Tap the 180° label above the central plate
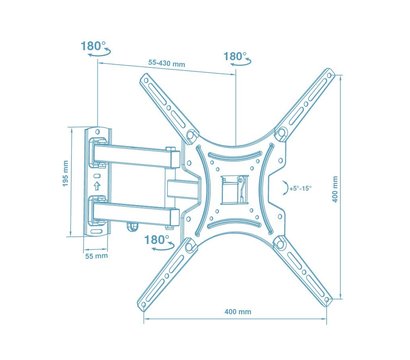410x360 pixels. tap(235, 57)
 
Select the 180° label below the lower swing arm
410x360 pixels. tap(155, 241)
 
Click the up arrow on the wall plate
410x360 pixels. tap(97, 183)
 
